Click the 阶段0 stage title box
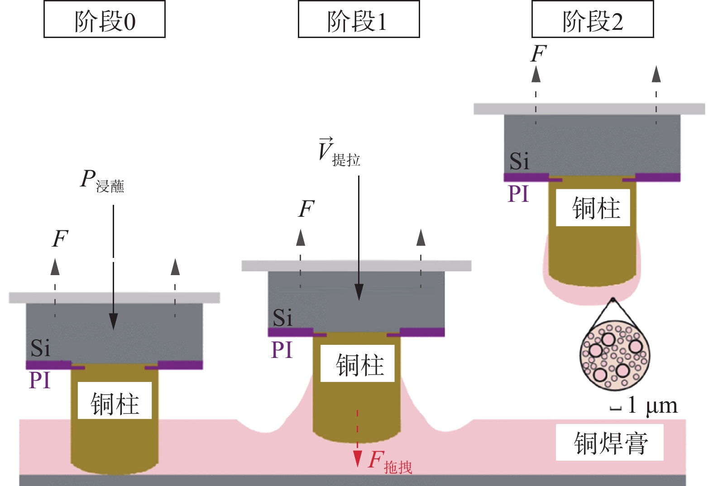coord(105,19)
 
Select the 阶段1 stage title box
coord(359,19)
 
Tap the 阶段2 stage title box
coord(593,19)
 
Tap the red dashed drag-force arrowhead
coord(358,458)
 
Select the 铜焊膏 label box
coord(609,443)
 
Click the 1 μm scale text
coord(652,405)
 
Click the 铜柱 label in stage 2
coord(593,208)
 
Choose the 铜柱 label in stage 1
coord(358,364)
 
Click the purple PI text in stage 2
coord(518,194)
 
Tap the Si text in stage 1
coord(282,317)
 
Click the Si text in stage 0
coord(40,348)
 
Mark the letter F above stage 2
coord(538,54)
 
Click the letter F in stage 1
coord(306,209)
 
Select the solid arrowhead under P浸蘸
coord(113,321)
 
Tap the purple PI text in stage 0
coord(39,380)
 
